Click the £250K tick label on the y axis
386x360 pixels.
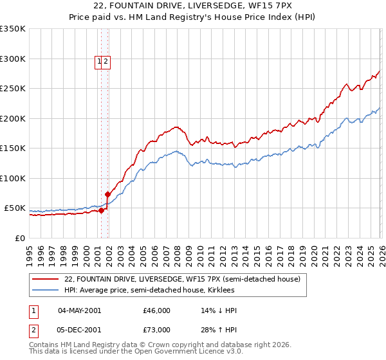coord(13,89)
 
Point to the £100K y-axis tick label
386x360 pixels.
coord(13,179)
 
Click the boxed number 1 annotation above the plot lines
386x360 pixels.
coord(100,62)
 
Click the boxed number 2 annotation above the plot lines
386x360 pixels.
coord(106,62)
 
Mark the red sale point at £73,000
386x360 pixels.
coord(107,194)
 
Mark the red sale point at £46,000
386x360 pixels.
coord(101,210)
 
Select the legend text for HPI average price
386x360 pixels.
coord(153,291)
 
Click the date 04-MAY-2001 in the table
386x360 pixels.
coord(79,310)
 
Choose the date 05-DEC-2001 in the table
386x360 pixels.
coord(79,330)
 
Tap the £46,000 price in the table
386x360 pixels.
coord(156,310)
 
